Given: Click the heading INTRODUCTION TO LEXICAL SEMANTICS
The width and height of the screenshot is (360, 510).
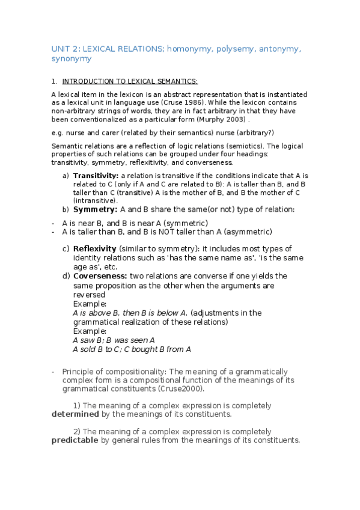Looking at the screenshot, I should coord(130,81).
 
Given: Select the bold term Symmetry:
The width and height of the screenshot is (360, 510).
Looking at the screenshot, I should coord(95,209).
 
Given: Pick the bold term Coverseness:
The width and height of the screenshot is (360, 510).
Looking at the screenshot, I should coord(100,276).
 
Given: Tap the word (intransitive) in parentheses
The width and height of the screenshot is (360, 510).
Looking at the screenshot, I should coord(96,200).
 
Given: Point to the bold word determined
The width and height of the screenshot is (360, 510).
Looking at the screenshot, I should coord(75,414).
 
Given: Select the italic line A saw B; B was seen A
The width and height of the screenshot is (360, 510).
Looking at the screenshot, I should coord(114,339).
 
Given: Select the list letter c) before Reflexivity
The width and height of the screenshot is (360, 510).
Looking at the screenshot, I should coord(66,249).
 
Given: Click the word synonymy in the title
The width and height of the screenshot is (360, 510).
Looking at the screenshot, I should coord(71,59).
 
